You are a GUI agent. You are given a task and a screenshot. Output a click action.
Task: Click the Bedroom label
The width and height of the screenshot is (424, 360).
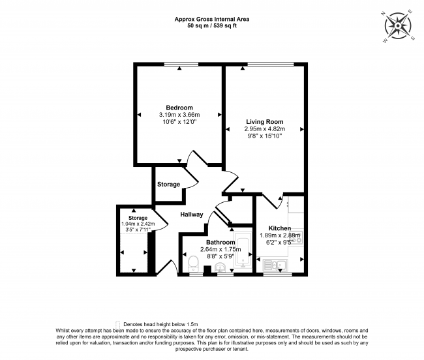(x=179, y=108)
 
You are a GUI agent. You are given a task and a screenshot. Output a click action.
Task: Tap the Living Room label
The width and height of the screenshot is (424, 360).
(x=264, y=121)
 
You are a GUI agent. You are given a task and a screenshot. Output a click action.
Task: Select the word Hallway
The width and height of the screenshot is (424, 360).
(x=192, y=214)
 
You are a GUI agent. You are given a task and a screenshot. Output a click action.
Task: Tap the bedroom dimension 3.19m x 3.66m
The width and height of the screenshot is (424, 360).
(x=179, y=115)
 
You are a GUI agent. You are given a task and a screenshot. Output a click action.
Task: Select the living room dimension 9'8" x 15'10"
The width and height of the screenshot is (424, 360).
(x=264, y=136)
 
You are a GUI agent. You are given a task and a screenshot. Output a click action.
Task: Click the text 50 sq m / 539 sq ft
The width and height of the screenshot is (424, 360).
(x=212, y=25)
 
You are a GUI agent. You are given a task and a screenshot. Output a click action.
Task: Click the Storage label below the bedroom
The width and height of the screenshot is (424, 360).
(x=168, y=185)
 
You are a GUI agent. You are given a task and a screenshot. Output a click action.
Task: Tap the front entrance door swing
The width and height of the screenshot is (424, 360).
(x=167, y=264)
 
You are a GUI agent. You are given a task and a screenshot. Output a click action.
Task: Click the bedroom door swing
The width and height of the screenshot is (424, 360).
(x=194, y=160)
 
